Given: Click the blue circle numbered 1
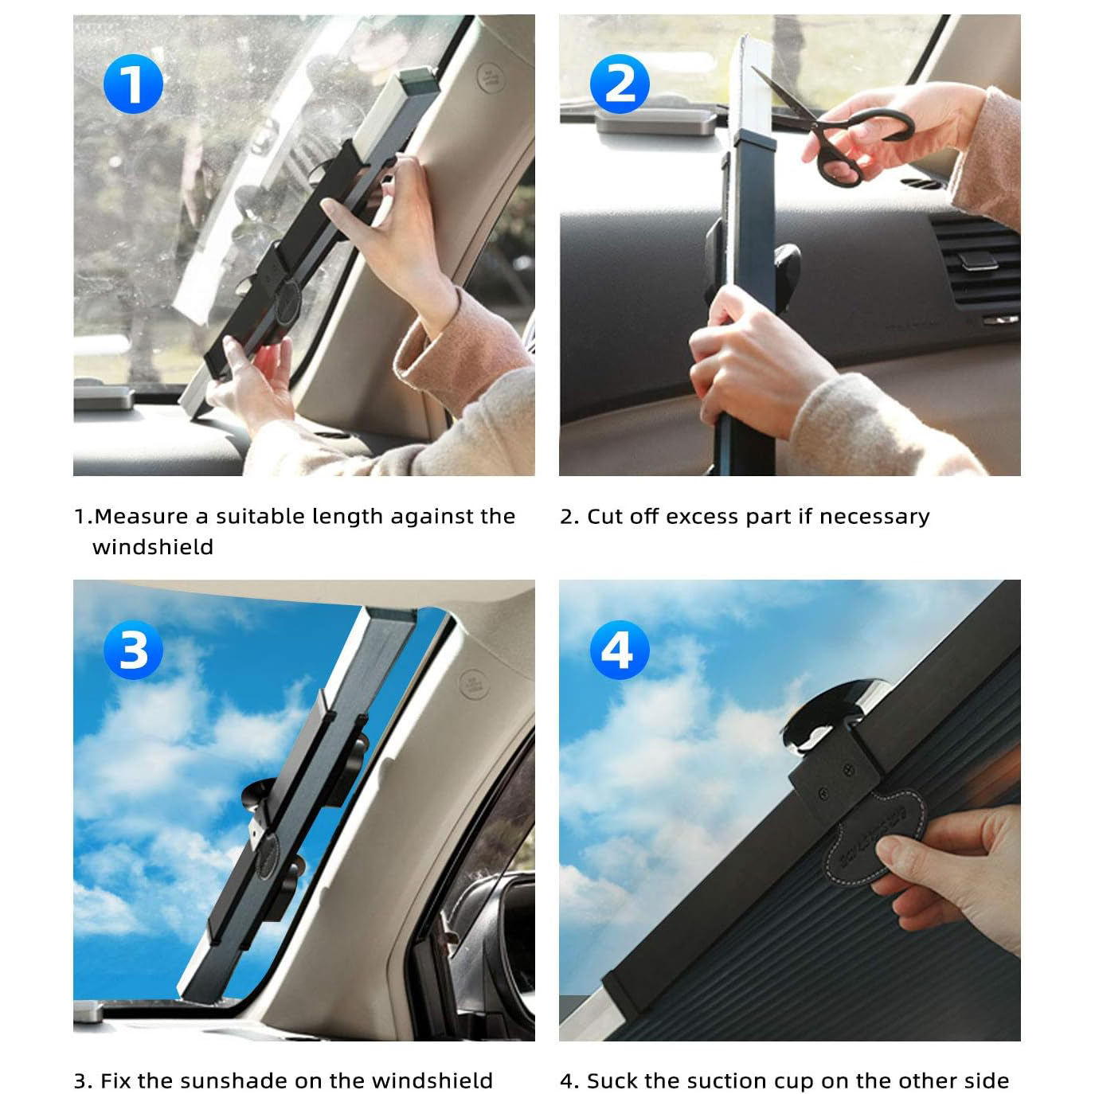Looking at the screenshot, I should click(133, 84).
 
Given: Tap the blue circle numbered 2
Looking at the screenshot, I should click(620, 84).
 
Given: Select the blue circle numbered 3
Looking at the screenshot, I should click(133, 650).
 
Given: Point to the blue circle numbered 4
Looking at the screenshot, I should click(620, 650).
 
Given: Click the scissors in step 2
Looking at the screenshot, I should click(844, 131).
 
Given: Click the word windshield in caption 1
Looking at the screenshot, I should click(153, 547).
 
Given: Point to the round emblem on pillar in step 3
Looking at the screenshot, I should click(471, 683).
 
